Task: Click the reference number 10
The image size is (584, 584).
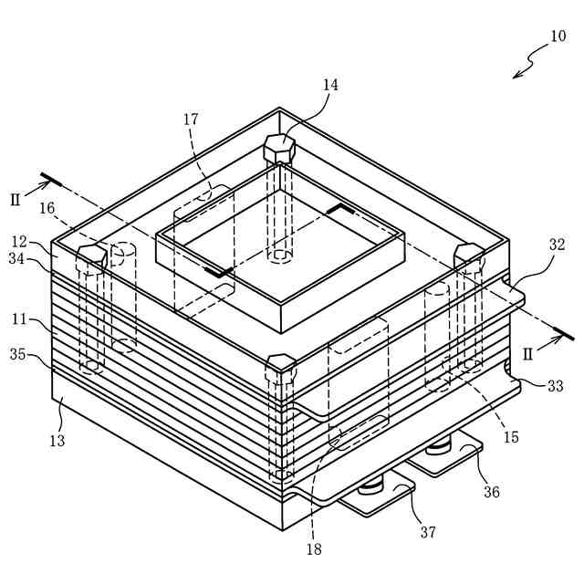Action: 557,37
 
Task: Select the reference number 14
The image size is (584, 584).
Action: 329,85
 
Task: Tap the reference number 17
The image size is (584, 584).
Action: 191,119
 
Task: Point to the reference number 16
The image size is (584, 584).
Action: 47,208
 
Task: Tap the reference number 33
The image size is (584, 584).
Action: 555,386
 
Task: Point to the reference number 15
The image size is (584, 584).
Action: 510,437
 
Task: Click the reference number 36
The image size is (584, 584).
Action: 491,492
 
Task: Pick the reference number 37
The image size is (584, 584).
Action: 428,532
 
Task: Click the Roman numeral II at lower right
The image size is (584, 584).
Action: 527,353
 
